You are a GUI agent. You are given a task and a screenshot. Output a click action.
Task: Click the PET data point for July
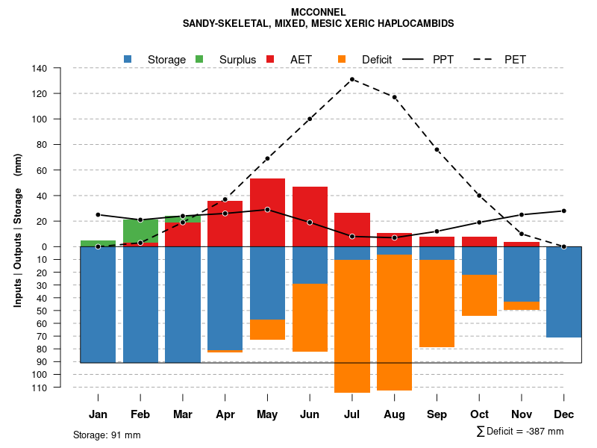(352, 79)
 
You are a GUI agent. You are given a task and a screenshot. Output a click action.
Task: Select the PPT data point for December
(563, 211)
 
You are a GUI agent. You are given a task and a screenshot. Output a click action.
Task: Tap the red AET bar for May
(267, 212)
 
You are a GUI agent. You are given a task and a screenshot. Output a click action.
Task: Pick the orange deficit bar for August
(394, 323)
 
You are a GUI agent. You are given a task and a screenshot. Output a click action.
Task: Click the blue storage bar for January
(98, 305)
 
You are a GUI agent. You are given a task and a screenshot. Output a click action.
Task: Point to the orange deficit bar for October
(479, 295)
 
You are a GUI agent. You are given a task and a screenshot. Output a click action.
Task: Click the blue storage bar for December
(563, 292)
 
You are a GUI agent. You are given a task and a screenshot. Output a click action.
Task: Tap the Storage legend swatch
(128, 59)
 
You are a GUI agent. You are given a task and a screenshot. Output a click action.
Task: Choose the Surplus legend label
(237, 60)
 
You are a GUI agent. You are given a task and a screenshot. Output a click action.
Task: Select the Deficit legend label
(377, 60)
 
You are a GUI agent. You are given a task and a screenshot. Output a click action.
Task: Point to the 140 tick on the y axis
(60, 68)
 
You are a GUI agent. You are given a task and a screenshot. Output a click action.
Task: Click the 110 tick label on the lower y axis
(60, 388)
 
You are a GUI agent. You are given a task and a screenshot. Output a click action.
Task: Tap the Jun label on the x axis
(310, 414)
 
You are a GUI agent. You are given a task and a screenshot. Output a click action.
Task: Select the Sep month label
(437, 414)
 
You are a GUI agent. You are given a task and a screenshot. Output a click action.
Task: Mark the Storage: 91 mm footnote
(107, 435)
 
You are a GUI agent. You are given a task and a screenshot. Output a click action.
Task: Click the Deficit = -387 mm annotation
(520, 432)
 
